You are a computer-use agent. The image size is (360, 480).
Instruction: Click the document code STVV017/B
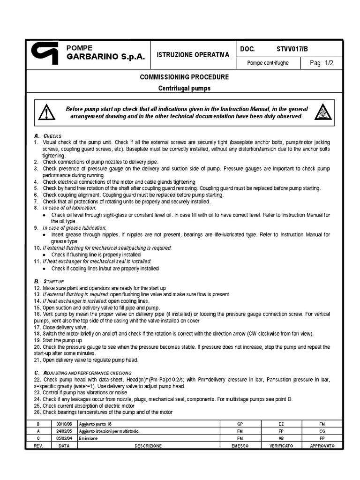(x=292, y=49)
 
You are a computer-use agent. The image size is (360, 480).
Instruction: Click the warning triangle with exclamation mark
(x=46, y=112)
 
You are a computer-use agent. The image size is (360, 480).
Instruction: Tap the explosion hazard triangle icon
(x=323, y=112)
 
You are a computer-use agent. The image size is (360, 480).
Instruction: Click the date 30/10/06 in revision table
(x=64, y=424)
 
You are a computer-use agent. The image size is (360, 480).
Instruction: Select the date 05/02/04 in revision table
(x=64, y=438)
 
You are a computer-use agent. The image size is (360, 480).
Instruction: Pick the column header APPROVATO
(x=322, y=446)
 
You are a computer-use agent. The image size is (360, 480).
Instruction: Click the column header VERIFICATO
(x=281, y=446)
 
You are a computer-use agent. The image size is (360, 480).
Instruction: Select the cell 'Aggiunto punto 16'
(x=97, y=424)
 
